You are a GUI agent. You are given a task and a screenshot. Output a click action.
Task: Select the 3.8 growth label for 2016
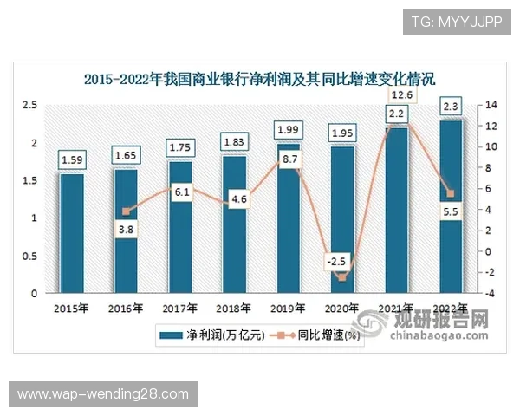point(126,231)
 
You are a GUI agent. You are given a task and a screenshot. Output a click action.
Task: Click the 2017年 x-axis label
point(179,308)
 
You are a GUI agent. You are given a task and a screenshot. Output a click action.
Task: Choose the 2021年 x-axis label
point(396,308)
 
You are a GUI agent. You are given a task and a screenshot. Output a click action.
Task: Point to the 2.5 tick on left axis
point(29,105)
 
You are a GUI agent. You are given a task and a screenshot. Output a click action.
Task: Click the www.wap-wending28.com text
point(103,394)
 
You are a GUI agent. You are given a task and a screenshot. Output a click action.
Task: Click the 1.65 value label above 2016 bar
point(127,156)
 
